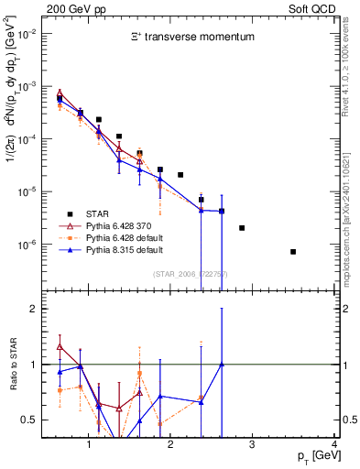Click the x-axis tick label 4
coord(335,445)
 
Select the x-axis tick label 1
coord(88,445)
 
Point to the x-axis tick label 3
coord(253,445)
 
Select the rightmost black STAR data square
coord(293,251)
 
